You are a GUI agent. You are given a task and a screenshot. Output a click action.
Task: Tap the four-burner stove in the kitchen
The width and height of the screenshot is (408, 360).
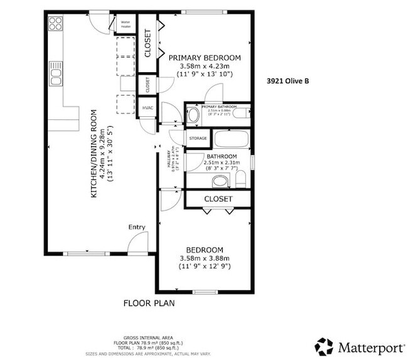pos(55,24)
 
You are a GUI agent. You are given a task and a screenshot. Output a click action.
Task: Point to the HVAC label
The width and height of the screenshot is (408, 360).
pos(148,108)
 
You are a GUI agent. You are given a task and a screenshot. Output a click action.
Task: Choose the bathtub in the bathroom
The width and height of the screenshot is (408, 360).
pos(231,138)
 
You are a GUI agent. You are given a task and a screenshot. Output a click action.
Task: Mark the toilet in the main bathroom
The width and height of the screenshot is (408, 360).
pos(241,181)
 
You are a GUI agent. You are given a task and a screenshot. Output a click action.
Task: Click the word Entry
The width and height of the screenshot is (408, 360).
pos(137,227)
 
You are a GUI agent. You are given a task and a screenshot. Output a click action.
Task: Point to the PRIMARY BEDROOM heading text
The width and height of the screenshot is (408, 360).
pos(206,57)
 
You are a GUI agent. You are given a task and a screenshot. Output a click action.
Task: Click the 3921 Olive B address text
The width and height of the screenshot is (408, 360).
pos(288,80)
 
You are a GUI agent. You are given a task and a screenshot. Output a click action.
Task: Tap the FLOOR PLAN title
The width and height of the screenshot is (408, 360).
pos(148,303)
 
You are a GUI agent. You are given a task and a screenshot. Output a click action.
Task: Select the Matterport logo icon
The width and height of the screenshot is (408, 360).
pos(324,346)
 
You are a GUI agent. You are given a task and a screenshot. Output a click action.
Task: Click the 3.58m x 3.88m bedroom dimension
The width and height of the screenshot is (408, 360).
pos(205,258)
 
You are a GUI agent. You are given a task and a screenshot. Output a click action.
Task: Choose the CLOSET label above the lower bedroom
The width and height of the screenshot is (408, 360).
pos(218,199)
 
